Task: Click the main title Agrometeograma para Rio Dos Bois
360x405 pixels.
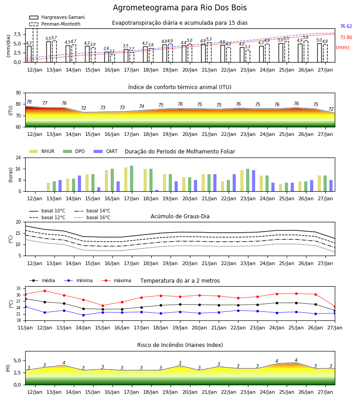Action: [180, 8]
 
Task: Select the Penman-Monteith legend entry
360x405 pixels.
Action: [55, 24]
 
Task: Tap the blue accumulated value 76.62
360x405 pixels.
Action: [346, 27]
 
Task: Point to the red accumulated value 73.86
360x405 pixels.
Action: [346, 37]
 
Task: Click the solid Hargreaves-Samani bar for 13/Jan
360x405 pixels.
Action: [49, 52]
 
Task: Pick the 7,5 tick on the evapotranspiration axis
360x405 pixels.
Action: [17, 34]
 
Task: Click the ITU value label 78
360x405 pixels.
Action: [29, 102]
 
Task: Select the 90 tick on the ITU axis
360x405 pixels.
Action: [18, 93]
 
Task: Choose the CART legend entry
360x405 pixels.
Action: [106, 151]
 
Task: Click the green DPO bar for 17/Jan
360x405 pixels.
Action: [132, 179]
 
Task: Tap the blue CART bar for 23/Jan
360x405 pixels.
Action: [254, 181]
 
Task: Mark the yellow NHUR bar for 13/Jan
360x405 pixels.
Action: [48, 187]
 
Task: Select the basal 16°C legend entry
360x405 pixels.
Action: [92, 217]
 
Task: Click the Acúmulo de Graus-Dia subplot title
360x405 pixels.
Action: [180, 216]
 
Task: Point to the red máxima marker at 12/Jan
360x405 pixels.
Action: [45, 291]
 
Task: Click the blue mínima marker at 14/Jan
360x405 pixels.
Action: [83, 315]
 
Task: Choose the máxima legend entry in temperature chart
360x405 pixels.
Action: [116, 280]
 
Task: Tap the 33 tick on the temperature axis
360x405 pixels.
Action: [18, 288]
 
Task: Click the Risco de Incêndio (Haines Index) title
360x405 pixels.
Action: [180, 345]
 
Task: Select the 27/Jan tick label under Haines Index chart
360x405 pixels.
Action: [325, 392]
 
